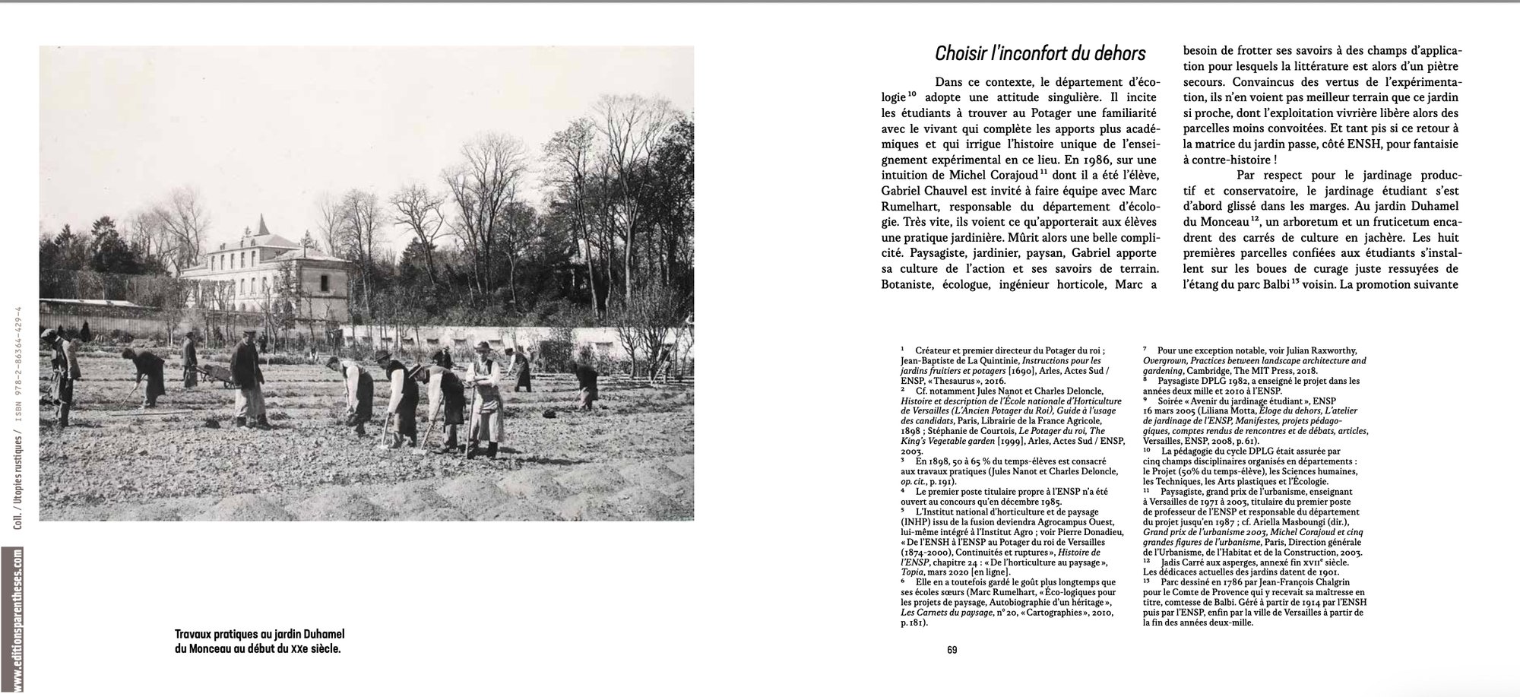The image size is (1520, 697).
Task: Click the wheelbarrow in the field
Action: (221, 375)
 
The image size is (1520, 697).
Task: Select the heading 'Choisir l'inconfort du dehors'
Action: (1040, 53)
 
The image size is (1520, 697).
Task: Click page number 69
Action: (952, 650)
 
